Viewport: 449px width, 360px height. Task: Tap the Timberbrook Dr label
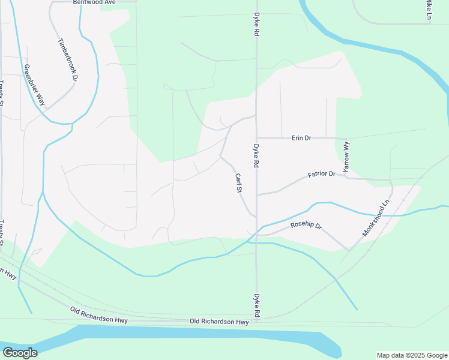pyautogui.click(x=68, y=60)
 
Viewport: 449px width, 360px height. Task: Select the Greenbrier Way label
pyautogui.click(x=34, y=84)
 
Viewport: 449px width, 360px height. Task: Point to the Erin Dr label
pyautogui.click(x=301, y=138)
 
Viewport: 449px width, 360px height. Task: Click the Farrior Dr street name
pyautogui.click(x=321, y=175)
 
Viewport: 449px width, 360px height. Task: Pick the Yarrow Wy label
pyautogui.click(x=346, y=158)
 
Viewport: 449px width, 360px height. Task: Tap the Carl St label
pyautogui.click(x=238, y=182)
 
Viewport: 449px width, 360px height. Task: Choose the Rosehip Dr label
pyautogui.click(x=306, y=226)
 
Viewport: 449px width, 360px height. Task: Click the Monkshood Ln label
pyautogui.click(x=376, y=217)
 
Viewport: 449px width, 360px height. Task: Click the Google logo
pyautogui.click(x=20, y=352)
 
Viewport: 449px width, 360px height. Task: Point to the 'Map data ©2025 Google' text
pyautogui.click(x=412, y=355)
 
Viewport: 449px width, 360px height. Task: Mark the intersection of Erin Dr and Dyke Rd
pyautogui.click(x=257, y=137)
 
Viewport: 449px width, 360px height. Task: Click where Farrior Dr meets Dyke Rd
pyautogui.click(x=257, y=194)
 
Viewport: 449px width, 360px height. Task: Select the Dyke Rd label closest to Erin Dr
pyautogui.click(x=256, y=155)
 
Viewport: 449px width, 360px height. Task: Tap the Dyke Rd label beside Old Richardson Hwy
pyautogui.click(x=256, y=305)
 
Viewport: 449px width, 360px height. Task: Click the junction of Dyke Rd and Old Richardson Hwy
pyautogui.click(x=257, y=320)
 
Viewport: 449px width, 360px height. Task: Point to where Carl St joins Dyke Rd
pyautogui.click(x=256, y=217)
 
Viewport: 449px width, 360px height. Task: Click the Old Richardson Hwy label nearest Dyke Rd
pyautogui.click(x=218, y=322)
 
